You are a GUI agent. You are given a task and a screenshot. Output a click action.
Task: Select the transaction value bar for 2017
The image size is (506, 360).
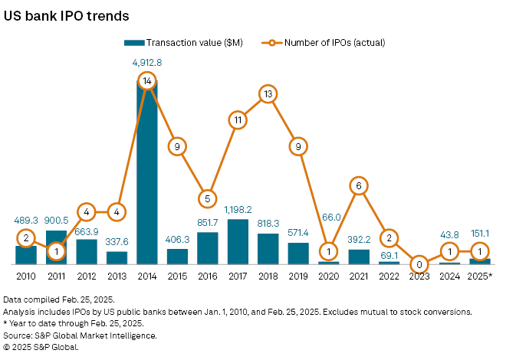coord(238,242)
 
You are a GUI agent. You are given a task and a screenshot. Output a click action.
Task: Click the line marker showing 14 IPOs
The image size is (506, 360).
coord(147,80)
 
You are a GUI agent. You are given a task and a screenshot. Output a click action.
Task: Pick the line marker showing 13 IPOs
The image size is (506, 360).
coord(268,94)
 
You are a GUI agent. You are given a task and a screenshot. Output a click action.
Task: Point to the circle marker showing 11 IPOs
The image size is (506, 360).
coord(238,119)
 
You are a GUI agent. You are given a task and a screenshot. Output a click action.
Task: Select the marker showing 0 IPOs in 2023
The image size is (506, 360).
coord(419,264)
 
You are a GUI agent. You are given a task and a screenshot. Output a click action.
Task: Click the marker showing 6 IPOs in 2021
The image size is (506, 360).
coord(358,185)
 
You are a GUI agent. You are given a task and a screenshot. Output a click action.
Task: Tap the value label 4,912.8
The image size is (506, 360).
coord(147,64)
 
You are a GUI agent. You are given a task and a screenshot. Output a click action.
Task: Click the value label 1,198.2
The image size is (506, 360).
coord(238,210)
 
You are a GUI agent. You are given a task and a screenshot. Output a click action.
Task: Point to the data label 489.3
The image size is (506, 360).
coord(27,219)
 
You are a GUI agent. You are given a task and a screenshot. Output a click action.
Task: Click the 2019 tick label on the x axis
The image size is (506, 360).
coord(298,276)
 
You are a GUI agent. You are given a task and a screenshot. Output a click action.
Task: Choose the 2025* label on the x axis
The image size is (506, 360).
coord(479,276)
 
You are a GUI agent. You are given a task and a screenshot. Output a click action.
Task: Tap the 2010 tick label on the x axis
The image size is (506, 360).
coord(27,276)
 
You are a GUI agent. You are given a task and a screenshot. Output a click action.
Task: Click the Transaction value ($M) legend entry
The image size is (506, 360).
coord(183,42)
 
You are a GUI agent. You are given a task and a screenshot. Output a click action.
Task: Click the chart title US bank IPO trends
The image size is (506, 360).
coord(66,15)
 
